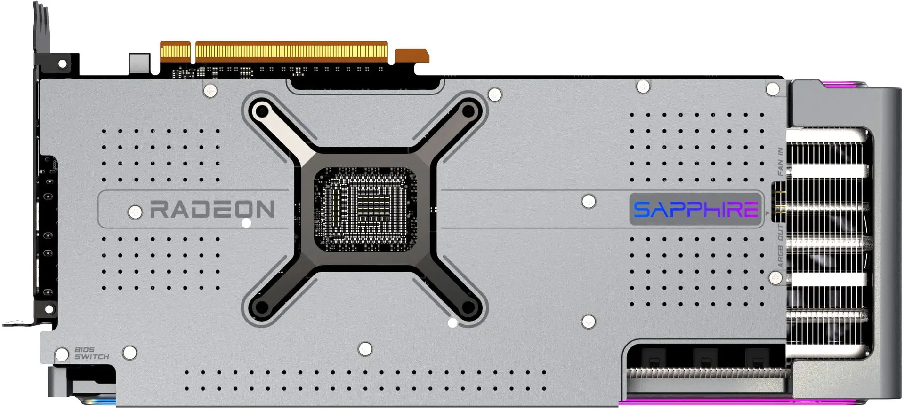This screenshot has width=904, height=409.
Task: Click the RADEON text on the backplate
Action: tap(212, 210)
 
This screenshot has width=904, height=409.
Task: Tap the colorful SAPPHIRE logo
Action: tap(695, 210)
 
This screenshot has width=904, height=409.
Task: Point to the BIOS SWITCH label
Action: tap(91, 354)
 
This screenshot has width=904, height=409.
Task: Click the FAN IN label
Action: tap(780, 162)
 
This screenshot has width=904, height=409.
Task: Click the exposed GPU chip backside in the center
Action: tap(365, 210)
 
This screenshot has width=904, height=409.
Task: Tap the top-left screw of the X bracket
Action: tap(261, 112)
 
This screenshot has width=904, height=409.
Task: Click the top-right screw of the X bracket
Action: tap(468, 111)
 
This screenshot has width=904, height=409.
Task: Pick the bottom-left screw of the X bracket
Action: tap(261, 308)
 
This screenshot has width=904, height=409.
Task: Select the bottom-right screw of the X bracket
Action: tap(468, 308)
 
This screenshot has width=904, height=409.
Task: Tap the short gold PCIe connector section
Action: tap(175, 52)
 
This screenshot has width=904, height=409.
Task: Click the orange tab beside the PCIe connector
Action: tap(412, 56)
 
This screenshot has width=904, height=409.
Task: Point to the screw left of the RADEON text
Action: tap(135, 212)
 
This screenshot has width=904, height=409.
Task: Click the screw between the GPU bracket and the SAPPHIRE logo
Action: tap(588, 201)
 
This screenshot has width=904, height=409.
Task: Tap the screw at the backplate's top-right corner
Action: tap(773, 89)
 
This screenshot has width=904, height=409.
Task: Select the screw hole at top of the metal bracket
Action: tap(62, 63)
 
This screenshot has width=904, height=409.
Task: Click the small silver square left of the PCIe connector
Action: tap(139, 64)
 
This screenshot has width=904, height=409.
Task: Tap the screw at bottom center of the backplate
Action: tap(365, 349)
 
